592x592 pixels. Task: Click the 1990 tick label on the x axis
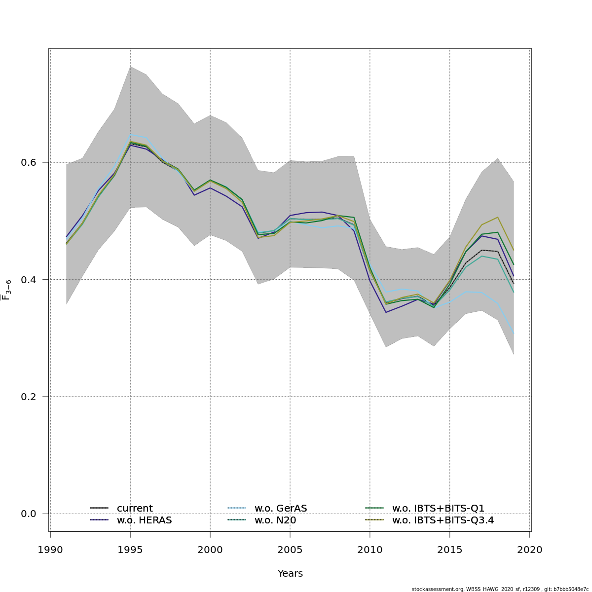click(50, 550)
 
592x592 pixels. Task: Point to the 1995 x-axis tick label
click(130, 550)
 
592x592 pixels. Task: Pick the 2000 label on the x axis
click(210, 550)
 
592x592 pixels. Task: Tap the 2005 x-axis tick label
click(290, 550)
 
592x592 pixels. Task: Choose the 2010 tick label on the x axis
click(370, 550)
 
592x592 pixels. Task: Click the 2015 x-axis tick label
click(450, 550)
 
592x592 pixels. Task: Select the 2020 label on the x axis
click(530, 550)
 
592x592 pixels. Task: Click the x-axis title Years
click(290, 573)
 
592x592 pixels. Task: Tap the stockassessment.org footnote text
click(500, 589)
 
